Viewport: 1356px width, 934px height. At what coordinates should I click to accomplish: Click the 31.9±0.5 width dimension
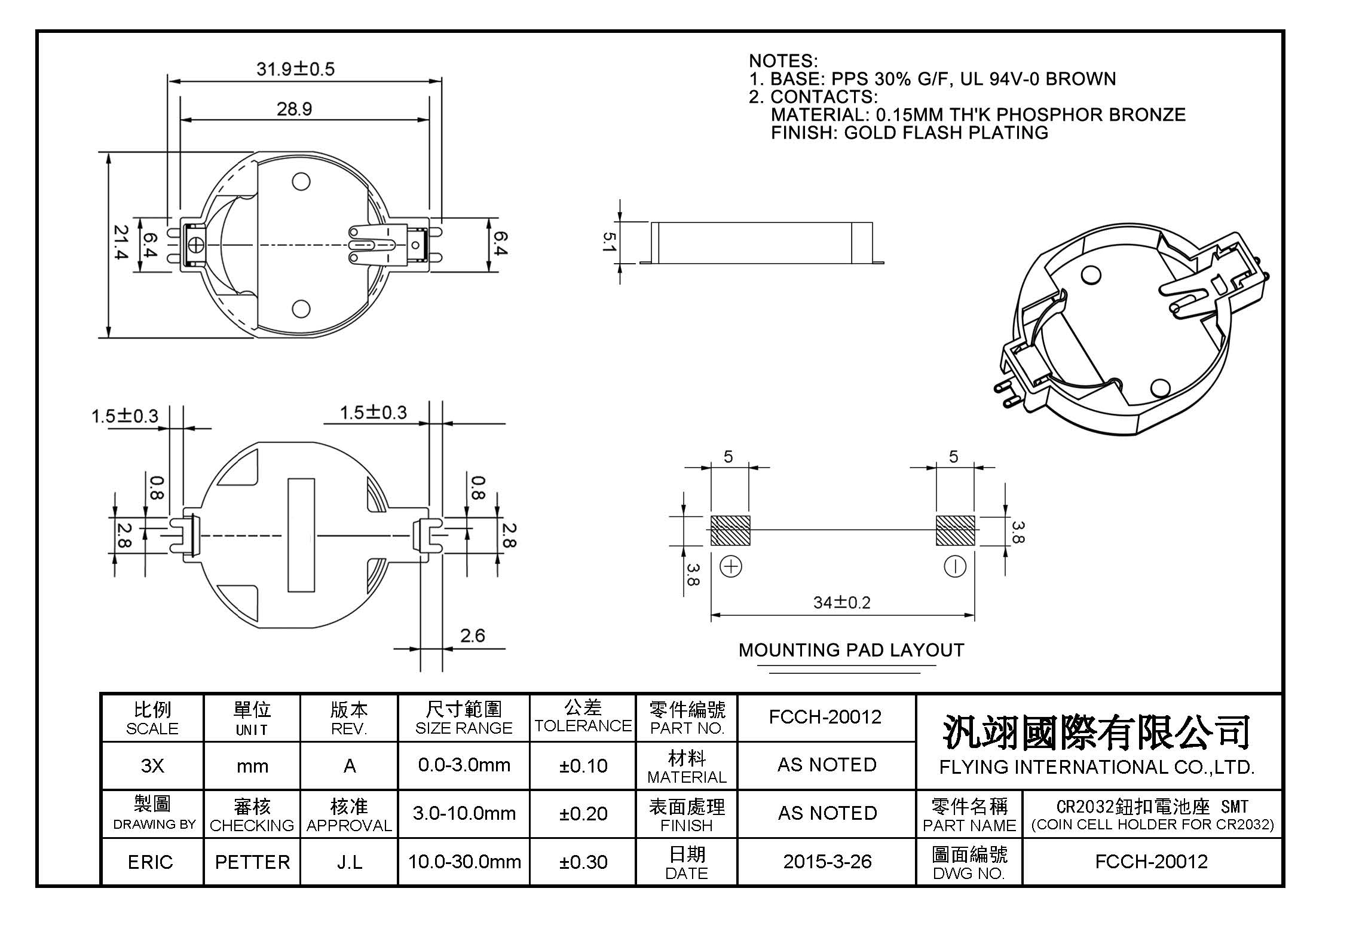[295, 69]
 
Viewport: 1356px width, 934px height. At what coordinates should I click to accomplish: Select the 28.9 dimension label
[294, 109]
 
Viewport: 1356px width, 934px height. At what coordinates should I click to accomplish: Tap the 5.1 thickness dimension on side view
[608, 242]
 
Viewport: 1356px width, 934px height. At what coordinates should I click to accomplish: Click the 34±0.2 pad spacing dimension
[841, 603]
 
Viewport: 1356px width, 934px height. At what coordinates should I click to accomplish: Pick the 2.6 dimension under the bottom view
[472, 636]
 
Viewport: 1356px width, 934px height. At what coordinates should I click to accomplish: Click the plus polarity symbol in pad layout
[731, 566]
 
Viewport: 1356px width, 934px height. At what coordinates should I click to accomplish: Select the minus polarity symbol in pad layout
[954, 566]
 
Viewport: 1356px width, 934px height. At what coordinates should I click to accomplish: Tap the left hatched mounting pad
[730, 530]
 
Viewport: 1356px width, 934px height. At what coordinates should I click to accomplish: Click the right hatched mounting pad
[955, 530]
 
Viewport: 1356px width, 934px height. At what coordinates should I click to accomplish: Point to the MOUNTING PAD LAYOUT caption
[851, 651]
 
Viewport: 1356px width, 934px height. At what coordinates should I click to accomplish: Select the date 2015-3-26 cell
[827, 862]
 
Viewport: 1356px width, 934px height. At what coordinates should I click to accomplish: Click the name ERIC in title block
[151, 862]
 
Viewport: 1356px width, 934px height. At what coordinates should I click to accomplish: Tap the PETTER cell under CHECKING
[252, 862]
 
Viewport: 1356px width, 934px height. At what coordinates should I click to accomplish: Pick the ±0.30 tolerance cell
[583, 862]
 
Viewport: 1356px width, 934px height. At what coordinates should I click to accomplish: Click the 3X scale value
[152, 766]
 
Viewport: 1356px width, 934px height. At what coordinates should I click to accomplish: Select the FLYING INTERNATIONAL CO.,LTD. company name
[1097, 767]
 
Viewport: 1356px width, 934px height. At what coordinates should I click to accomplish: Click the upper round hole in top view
[301, 181]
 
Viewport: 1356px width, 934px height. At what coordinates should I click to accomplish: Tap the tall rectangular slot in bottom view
[301, 535]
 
